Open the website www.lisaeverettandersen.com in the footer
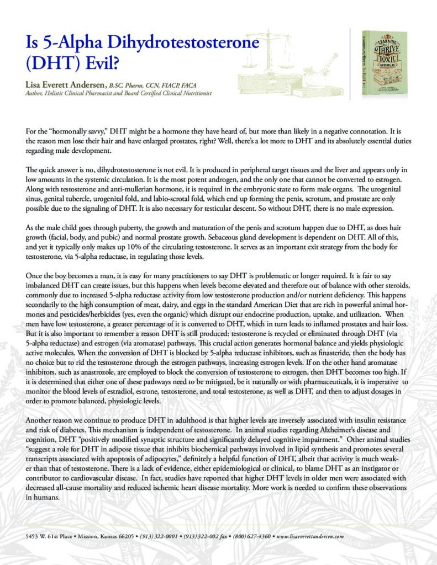310,536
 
